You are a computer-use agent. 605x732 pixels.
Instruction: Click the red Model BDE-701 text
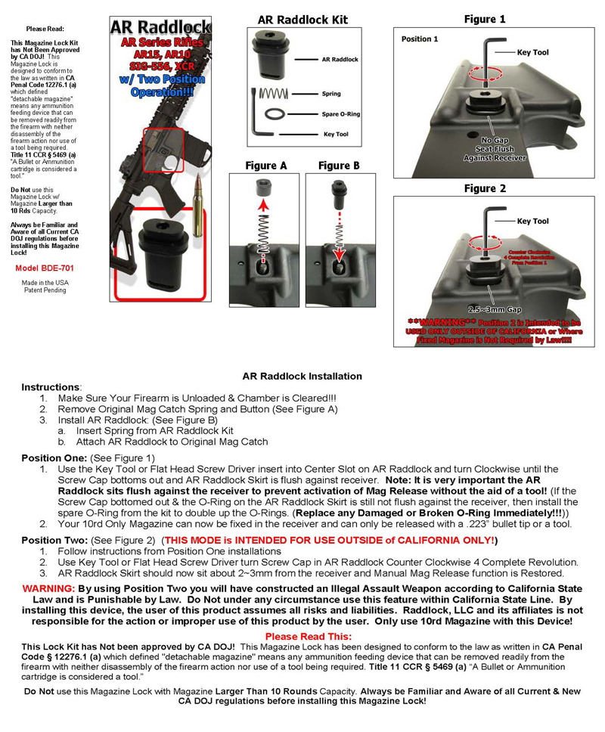(45, 268)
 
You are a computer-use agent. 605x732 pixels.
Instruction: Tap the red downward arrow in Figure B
(338, 261)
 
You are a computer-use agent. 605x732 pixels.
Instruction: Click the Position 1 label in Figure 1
(420, 39)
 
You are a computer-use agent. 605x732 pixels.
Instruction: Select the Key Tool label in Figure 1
(533, 53)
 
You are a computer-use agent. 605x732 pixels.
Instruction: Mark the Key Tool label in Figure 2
(533, 222)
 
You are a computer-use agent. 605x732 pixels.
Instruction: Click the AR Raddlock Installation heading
(302, 376)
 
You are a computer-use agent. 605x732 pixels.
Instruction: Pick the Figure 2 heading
(485, 188)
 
